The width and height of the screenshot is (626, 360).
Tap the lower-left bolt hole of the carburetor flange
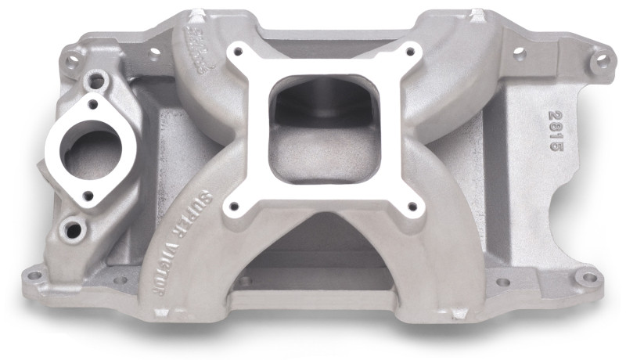[232, 207]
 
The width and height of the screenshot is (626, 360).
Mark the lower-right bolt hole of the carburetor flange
[412, 207]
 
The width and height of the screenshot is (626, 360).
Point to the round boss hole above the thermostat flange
[97, 78]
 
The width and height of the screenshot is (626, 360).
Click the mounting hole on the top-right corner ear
[601, 57]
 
